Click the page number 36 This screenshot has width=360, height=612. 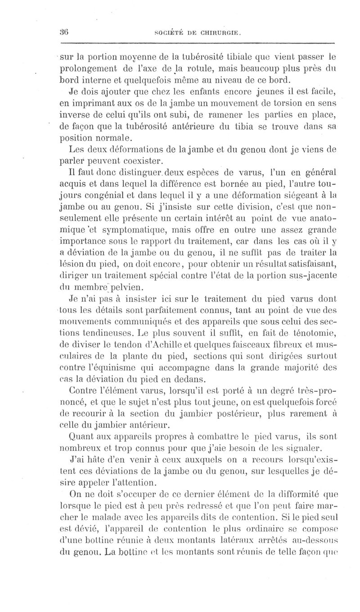coord(63,32)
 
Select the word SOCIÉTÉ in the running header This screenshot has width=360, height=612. coord(170,32)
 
